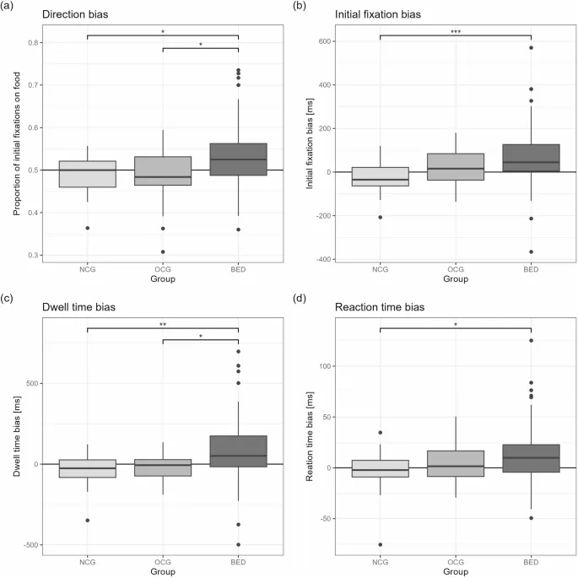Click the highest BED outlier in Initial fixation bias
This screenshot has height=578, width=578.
531,48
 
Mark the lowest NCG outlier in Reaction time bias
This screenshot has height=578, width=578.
381,544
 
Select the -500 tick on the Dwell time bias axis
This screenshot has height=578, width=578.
30,545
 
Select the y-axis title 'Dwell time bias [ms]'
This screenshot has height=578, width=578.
12,433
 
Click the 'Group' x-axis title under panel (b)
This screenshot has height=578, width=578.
456,277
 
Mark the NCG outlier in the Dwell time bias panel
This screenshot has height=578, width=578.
88,520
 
